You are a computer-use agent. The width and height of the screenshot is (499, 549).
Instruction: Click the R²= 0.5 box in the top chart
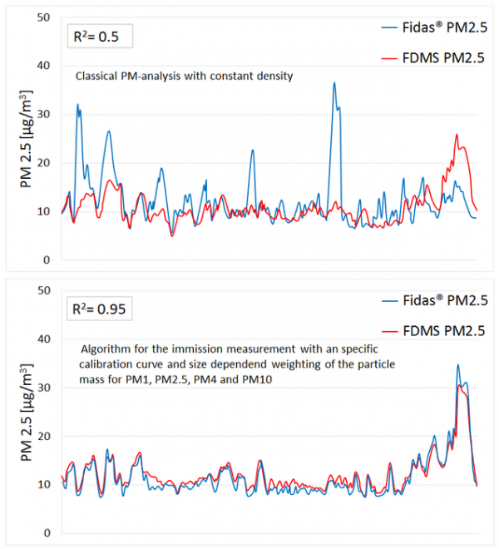coord(98,37)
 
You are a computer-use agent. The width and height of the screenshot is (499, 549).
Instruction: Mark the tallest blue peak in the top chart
coord(334,83)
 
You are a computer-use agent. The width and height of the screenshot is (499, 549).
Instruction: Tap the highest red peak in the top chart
coord(457,135)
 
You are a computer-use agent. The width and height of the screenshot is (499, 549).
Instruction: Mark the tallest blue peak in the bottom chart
coord(457,365)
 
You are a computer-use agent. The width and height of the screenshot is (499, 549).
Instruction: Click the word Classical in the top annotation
coord(97,76)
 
